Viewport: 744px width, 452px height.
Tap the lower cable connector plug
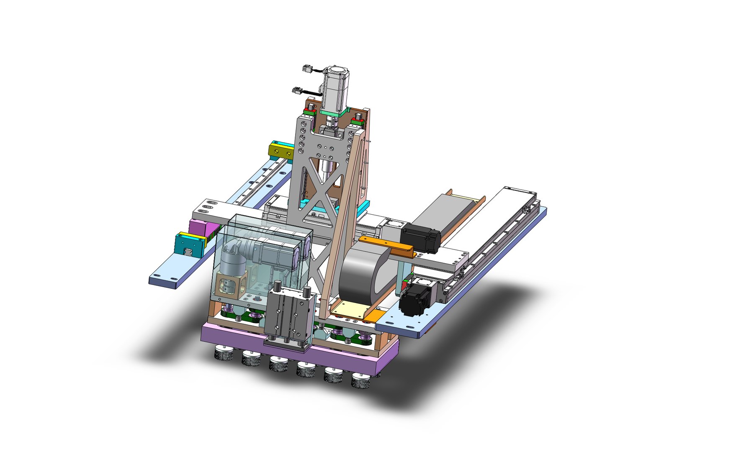tap(298, 90)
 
